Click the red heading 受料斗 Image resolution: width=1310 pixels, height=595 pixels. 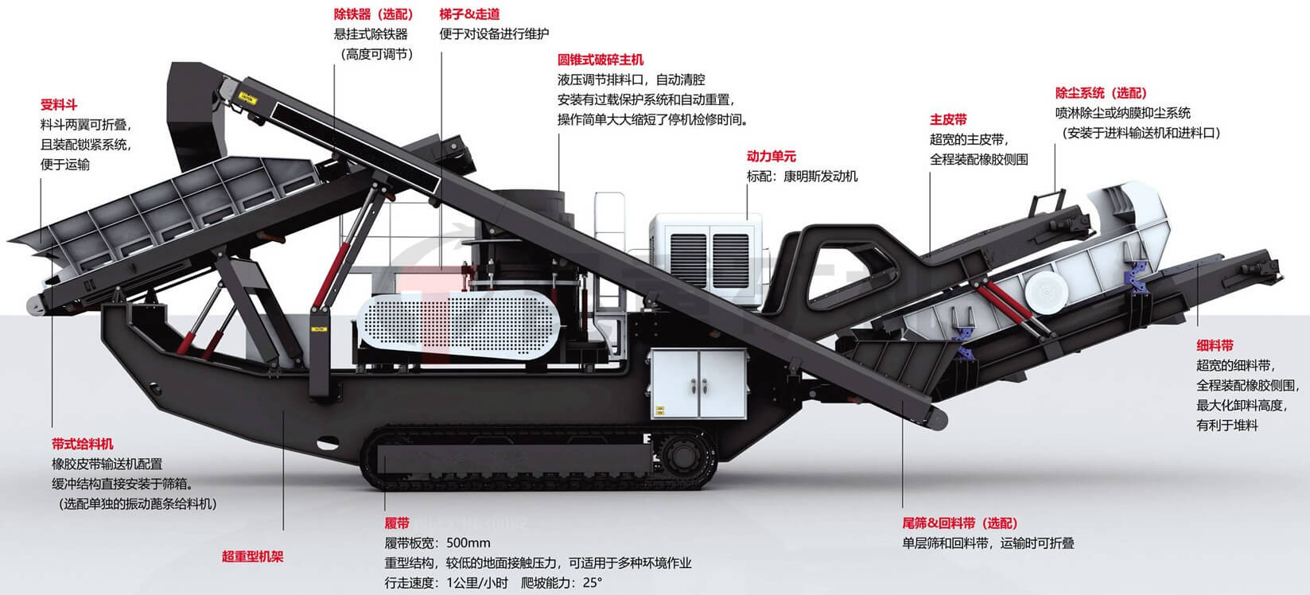[59, 105]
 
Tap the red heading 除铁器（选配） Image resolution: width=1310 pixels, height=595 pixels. [373, 14]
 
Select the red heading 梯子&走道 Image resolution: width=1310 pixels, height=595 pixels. [469, 14]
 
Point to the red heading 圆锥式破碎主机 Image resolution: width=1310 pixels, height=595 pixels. [601, 60]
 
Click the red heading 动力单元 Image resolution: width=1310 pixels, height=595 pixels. [771, 157]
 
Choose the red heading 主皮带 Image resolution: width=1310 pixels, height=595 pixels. [948, 119]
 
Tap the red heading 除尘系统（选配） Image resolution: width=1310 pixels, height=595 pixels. [1101, 93]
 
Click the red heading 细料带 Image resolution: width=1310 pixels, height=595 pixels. [1215, 345]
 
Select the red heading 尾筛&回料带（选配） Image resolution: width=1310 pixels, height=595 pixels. [959, 523]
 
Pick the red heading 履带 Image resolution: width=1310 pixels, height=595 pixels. [397, 523]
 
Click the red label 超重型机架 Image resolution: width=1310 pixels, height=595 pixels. [252, 557]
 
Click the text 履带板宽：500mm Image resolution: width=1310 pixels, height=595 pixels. [437, 543]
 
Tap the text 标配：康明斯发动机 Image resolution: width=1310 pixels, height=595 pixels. [802, 177]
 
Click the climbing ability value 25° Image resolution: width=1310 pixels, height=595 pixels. [592, 582]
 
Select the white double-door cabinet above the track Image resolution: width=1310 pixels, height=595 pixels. [697, 383]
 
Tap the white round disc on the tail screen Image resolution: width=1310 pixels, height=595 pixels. [1042, 290]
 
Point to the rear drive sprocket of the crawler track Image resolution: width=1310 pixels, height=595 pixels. [682, 456]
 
